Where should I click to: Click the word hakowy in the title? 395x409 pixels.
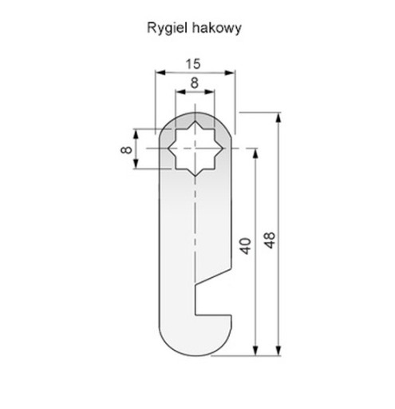(217, 28)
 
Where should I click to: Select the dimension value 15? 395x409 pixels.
(193, 64)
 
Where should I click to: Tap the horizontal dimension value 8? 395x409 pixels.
(195, 83)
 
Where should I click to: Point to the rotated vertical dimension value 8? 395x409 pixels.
(126, 150)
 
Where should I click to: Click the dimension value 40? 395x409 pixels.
(245, 246)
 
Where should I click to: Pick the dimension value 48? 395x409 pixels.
(270, 240)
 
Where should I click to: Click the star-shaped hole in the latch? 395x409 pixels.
(195, 149)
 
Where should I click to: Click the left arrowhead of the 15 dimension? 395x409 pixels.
(160, 73)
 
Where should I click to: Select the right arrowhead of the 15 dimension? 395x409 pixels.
(230, 73)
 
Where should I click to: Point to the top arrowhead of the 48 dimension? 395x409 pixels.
(278, 118)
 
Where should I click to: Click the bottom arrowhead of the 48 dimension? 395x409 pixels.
(278, 350)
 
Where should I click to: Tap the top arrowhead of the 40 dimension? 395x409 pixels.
(255, 153)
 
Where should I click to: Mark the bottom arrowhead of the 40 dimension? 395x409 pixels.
(255, 350)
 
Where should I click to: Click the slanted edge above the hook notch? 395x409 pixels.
(213, 276)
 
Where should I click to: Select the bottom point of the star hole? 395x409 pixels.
(195, 176)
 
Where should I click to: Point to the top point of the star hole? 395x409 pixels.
(195, 121)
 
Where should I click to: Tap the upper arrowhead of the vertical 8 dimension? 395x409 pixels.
(136, 134)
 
